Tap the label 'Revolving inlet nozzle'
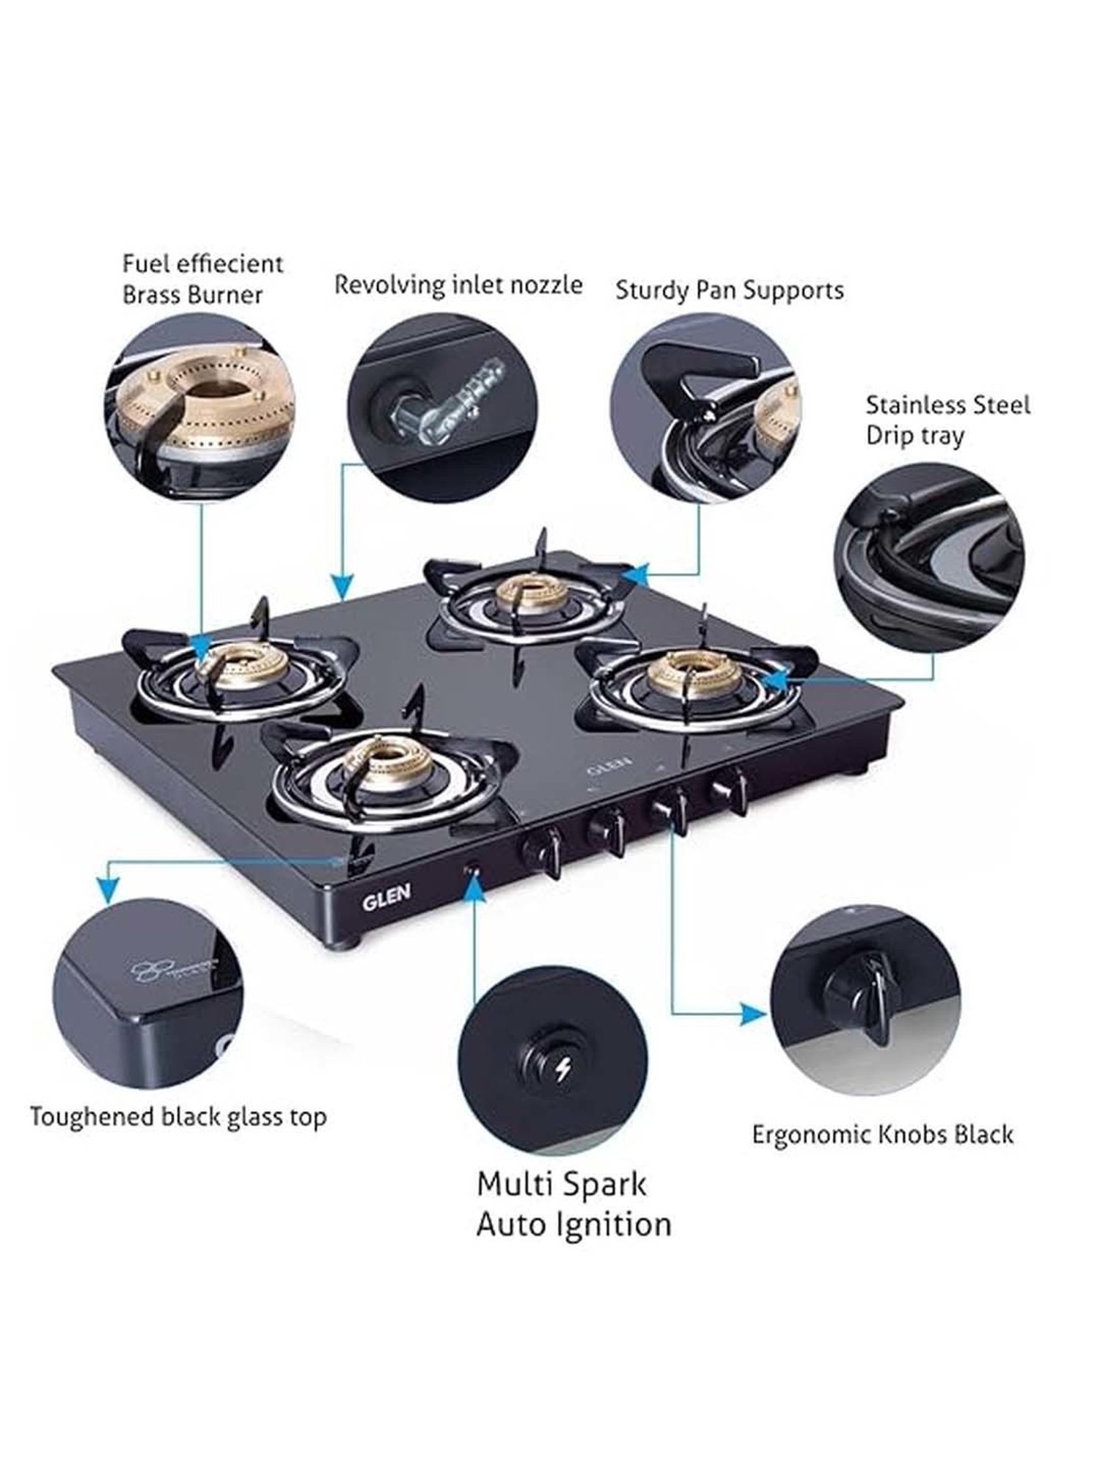coord(458,285)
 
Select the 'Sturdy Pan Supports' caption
coord(729,290)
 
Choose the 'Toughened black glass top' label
coord(178,1118)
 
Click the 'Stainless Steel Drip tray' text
coord(947,420)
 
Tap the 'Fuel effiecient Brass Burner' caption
coord(202,279)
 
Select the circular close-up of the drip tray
coord(929,557)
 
